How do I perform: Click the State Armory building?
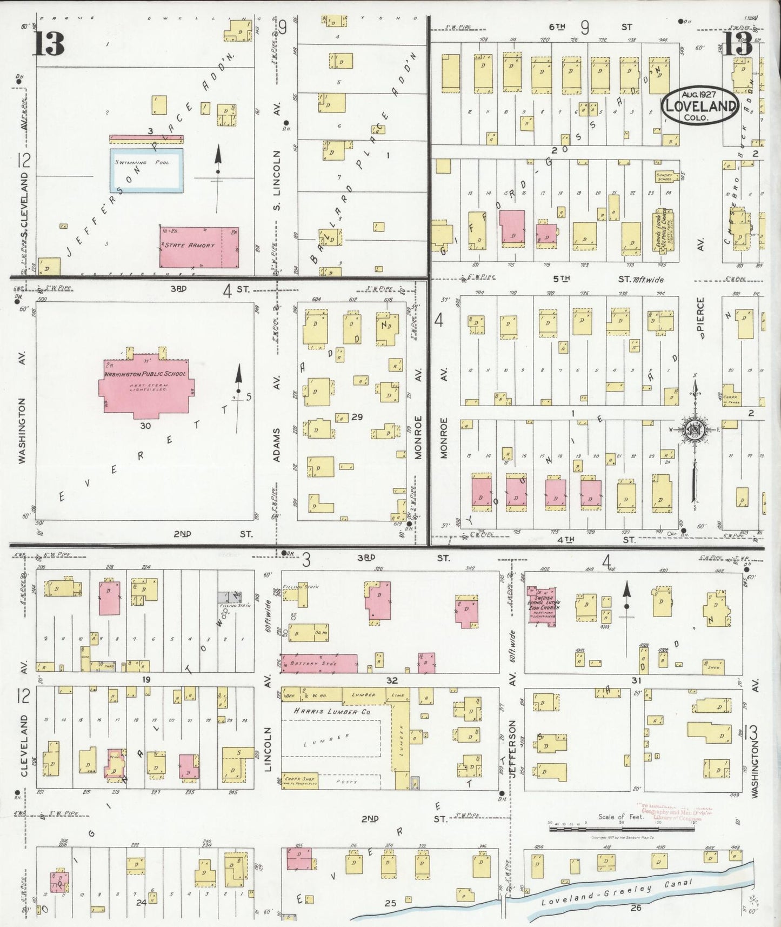point(199,247)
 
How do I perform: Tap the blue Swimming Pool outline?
point(146,170)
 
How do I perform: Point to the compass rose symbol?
point(694,430)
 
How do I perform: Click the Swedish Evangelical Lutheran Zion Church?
point(542,606)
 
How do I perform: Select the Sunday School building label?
point(663,177)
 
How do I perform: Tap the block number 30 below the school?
point(145,426)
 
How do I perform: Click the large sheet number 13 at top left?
point(50,44)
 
